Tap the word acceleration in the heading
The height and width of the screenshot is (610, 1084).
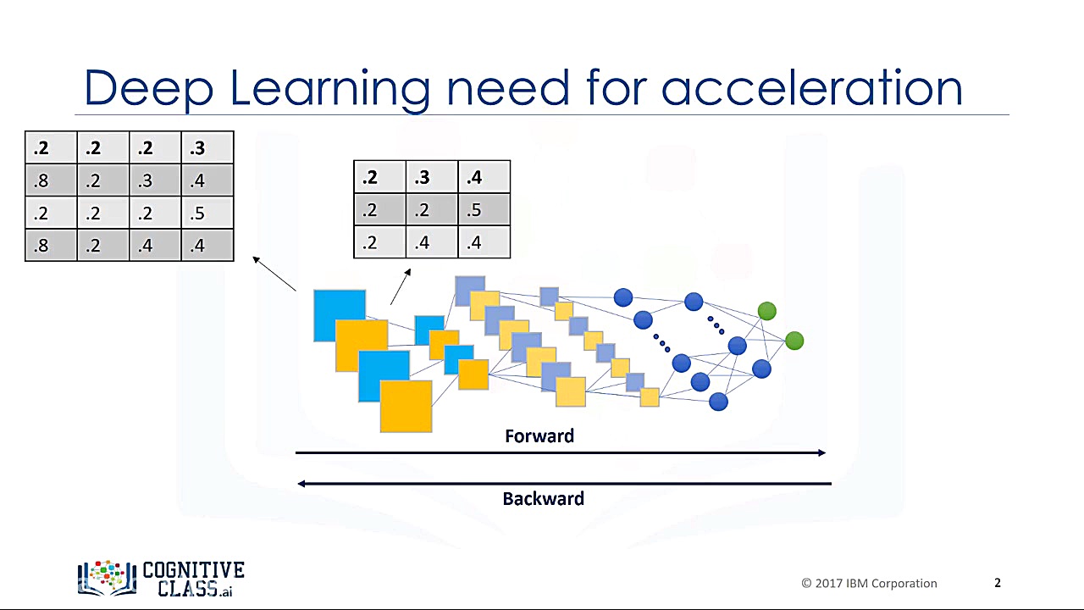point(811,87)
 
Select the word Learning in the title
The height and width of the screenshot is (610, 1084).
point(330,91)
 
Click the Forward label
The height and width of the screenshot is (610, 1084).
point(539,436)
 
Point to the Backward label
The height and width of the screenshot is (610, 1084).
point(543,499)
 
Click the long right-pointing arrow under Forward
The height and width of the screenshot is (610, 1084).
point(561,452)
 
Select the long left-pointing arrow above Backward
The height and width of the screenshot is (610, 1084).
point(564,484)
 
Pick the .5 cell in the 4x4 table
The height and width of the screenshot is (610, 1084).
point(207,213)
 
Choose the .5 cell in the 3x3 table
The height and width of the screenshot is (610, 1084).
point(484,209)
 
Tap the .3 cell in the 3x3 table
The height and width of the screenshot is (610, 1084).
point(432,177)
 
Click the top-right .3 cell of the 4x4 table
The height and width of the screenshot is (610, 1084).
point(207,147)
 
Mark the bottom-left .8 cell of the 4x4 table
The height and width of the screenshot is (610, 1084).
point(51,246)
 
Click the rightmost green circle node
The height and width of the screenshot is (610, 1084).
point(794,341)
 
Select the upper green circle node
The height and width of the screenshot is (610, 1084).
point(767,311)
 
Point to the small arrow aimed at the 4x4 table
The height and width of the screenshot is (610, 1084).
point(274,274)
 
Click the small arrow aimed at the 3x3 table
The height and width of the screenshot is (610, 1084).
point(401,286)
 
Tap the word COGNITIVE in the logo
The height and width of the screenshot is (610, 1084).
point(194,570)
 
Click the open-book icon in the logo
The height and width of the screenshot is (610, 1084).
point(107,578)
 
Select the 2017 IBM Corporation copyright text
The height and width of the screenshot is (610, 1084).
point(869,584)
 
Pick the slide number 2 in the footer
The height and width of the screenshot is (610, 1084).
point(998,582)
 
